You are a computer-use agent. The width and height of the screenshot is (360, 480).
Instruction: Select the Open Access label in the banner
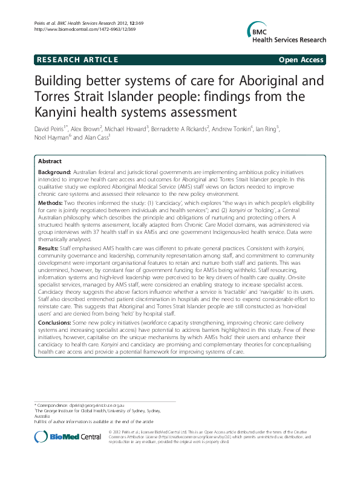(301, 60)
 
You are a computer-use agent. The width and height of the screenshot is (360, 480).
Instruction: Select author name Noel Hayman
(51, 138)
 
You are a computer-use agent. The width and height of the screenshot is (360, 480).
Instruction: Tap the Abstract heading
(50, 162)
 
